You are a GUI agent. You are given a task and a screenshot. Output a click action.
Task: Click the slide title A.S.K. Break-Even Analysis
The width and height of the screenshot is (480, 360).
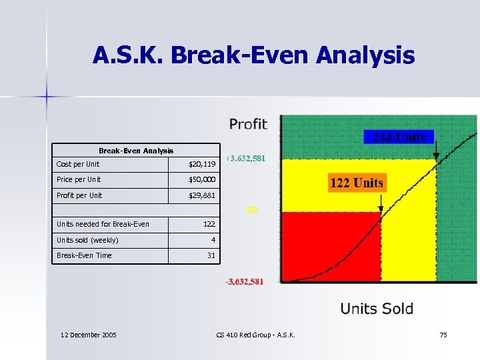click(x=253, y=55)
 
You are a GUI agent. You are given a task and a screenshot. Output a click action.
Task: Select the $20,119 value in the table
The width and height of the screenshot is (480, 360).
click(x=202, y=164)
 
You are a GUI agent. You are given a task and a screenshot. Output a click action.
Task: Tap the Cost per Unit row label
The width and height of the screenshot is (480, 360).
click(x=78, y=164)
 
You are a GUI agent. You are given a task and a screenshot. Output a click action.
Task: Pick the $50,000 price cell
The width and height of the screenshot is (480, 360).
click(x=202, y=180)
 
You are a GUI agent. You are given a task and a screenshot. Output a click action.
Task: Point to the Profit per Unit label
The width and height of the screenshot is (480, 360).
click(x=79, y=195)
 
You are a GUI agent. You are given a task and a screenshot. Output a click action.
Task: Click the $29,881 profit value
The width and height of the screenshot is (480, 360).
click(x=202, y=195)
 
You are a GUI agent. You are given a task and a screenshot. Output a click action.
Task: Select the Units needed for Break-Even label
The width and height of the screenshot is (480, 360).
click(x=103, y=224)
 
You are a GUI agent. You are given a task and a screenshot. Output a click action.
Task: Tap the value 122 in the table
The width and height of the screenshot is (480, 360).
click(x=209, y=224)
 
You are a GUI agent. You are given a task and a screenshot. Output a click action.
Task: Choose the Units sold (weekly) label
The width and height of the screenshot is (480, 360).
click(x=87, y=240)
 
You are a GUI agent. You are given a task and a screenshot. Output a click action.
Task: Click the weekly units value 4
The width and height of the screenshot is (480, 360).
click(x=213, y=240)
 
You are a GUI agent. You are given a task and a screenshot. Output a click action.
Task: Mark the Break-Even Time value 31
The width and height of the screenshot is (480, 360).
click(x=211, y=255)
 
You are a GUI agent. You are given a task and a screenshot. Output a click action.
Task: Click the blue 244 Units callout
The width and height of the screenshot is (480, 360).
click(x=399, y=137)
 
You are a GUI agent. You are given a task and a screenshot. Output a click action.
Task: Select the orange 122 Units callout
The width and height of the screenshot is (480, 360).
click(x=357, y=183)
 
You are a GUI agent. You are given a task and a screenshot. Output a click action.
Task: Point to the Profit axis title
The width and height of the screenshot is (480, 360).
click(x=248, y=124)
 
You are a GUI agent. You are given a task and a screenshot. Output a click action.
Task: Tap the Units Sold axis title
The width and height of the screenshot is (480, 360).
click(x=377, y=309)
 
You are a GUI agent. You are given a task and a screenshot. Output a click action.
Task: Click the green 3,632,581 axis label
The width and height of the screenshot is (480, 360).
click(x=247, y=159)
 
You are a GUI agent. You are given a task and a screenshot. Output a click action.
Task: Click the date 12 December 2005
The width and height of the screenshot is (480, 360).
click(x=88, y=335)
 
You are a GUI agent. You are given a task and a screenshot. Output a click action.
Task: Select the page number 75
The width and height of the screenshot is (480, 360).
click(x=443, y=335)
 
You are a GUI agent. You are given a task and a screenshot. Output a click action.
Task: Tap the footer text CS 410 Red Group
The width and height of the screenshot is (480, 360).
click(x=255, y=335)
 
